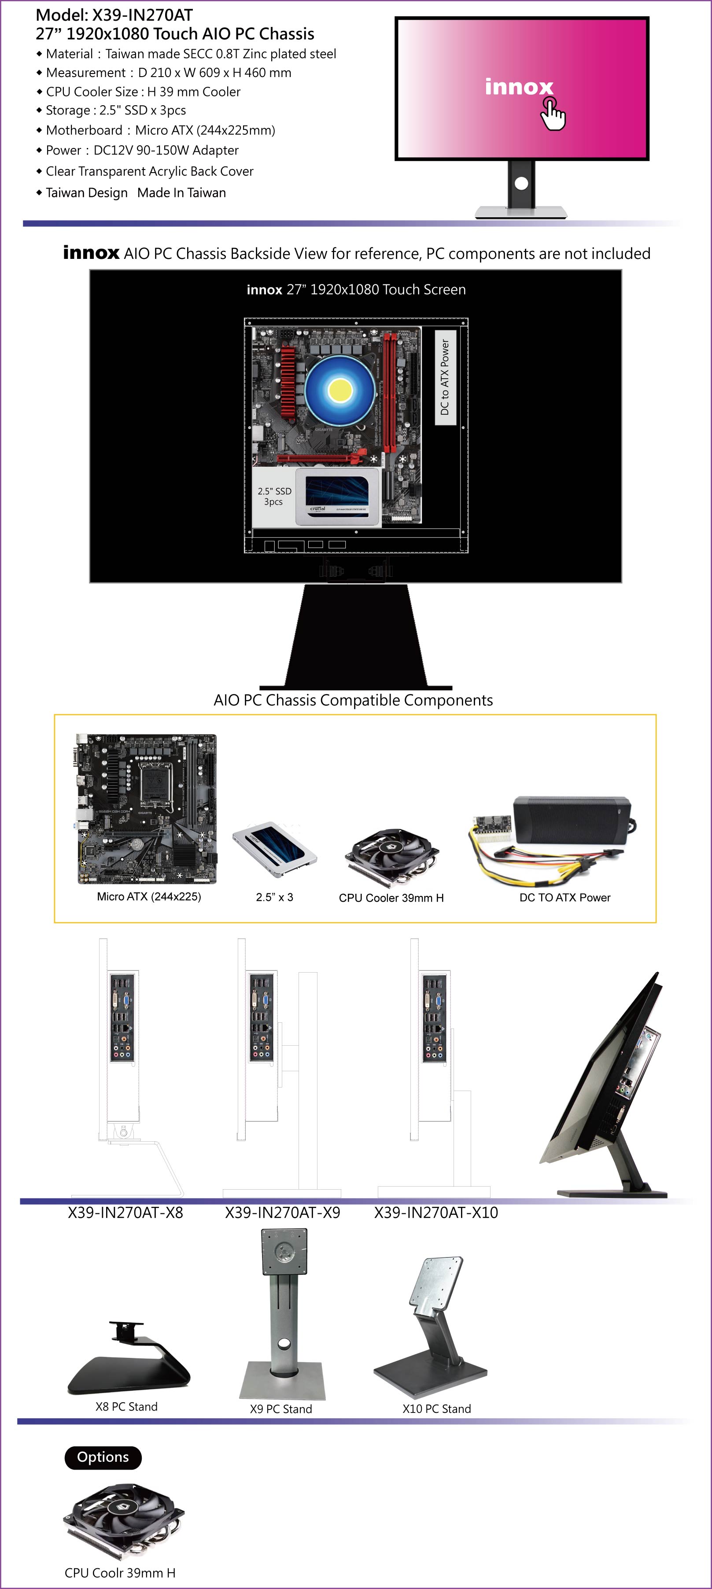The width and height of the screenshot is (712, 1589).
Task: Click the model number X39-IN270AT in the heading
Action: (x=143, y=15)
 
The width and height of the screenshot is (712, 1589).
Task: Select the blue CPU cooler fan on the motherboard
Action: (x=340, y=390)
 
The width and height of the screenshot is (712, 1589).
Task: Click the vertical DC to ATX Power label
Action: (x=445, y=377)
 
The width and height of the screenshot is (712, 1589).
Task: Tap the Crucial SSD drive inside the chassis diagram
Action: (x=337, y=497)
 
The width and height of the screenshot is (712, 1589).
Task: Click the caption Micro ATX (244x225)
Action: (x=149, y=897)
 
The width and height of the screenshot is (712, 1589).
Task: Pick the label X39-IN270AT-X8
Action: (x=125, y=1213)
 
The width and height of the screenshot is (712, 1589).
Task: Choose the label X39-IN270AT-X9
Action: (x=283, y=1213)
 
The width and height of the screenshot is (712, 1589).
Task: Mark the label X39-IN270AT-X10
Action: (x=436, y=1213)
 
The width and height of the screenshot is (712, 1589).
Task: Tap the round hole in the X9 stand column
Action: (x=284, y=1343)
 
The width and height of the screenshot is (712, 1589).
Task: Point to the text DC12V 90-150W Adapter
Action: (x=166, y=151)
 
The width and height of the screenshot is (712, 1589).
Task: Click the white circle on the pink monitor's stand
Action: (x=521, y=183)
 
